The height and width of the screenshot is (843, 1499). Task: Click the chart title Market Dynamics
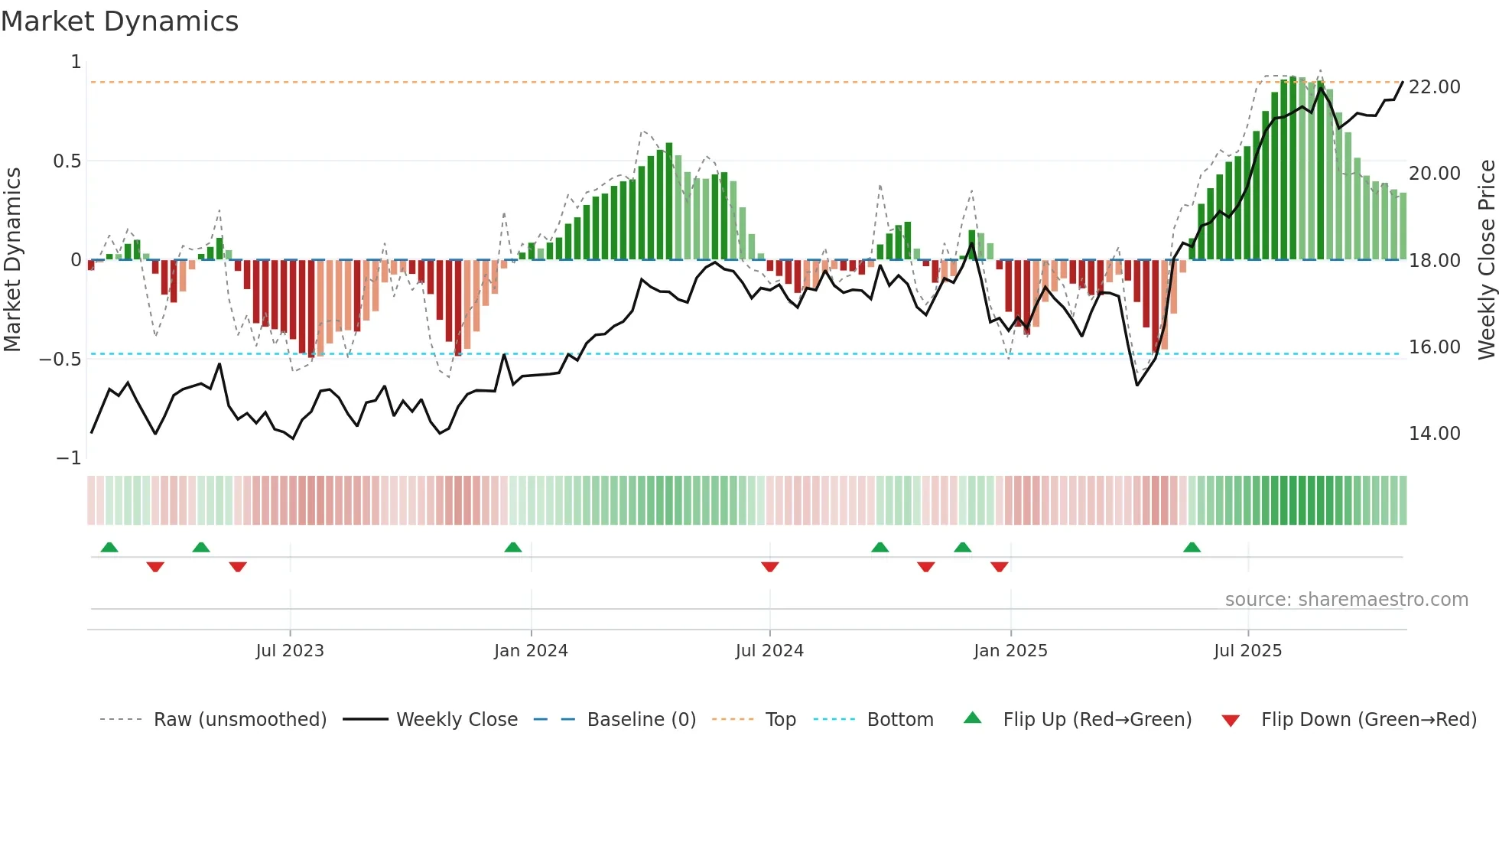click(119, 21)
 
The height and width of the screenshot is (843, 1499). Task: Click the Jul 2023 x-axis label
click(290, 651)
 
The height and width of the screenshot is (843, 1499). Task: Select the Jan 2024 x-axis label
click(531, 651)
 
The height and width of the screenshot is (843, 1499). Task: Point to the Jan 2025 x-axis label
click(1010, 651)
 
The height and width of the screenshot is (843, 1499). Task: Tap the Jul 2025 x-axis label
click(1247, 651)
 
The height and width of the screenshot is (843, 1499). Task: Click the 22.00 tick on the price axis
click(1434, 87)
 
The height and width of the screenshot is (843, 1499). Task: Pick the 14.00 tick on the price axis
click(1434, 434)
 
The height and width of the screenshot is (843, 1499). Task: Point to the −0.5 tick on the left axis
click(60, 360)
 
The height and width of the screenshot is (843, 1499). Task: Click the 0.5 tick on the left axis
click(67, 161)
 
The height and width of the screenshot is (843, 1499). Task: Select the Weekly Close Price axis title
click(1486, 260)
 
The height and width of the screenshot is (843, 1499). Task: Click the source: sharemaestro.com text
click(1346, 600)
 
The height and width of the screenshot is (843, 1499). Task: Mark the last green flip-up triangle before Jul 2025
click(1192, 548)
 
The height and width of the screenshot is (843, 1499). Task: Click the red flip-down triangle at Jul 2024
click(770, 567)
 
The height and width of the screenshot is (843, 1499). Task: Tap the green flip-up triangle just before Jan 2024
click(513, 548)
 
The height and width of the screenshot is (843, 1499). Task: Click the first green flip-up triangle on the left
click(109, 548)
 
